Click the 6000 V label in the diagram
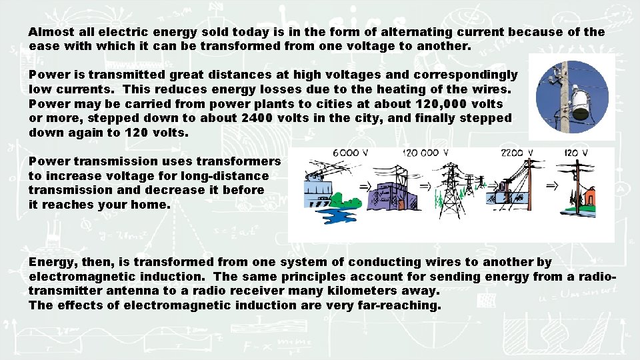tap(350, 153)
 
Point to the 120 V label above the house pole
tap(575, 153)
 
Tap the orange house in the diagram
tap(589, 199)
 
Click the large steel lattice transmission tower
tap(453, 190)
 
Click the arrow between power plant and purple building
tap(365, 186)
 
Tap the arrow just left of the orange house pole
tap(552, 186)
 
